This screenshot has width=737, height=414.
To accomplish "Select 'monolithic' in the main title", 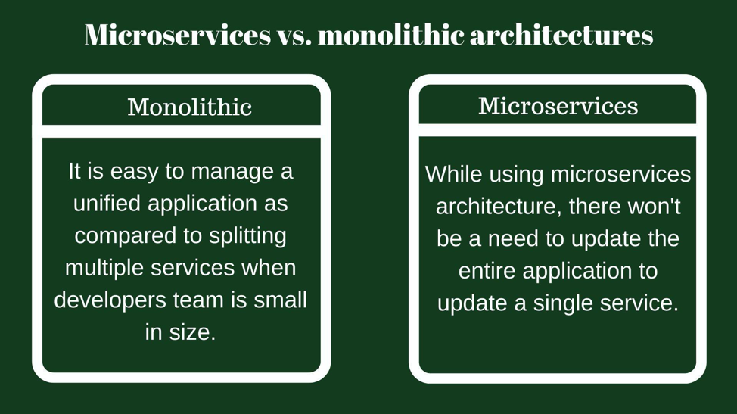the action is point(391,35).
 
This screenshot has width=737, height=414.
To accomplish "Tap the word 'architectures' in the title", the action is point(561,35).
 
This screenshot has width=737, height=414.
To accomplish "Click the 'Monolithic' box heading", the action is point(189,107).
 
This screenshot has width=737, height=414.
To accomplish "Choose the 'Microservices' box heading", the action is point(558,106).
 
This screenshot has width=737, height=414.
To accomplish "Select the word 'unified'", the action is point(107,204).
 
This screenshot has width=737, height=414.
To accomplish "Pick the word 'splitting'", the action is point(247,236).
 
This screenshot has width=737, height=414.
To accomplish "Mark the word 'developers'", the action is point(110,300).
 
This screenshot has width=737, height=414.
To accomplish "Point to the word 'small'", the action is point(280,300).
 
